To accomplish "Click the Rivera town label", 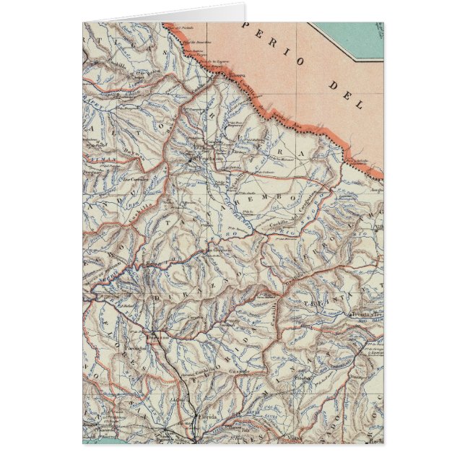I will pos(238,74).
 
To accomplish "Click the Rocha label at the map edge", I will pos(376,438).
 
